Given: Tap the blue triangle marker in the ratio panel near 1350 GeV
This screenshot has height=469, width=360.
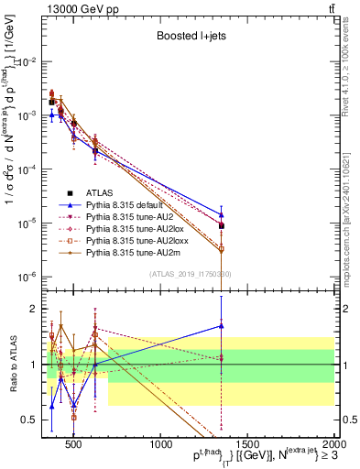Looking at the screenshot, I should point(221,325).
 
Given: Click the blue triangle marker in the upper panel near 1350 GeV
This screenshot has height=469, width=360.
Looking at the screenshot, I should point(221,214).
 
